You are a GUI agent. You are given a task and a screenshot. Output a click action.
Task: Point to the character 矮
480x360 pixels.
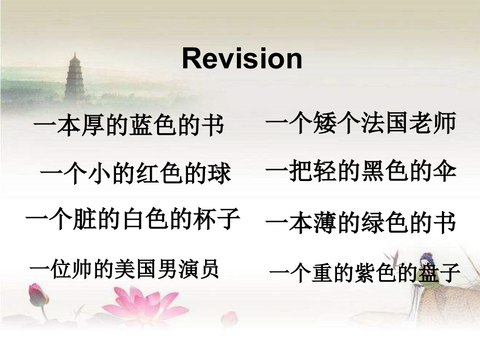(x=325, y=123)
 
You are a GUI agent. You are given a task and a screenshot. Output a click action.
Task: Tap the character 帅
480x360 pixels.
(x=82, y=269)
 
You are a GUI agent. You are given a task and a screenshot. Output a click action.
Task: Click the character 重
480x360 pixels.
(x=322, y=273)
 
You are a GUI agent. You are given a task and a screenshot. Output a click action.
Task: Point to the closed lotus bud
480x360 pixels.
(x=38, y=295)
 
